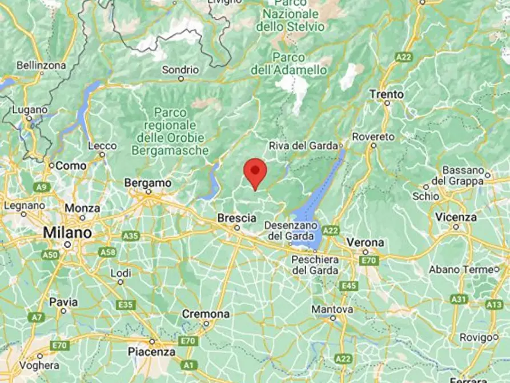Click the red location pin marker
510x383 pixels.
pyautogui.click(x=255, y=172)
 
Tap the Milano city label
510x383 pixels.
pyautogui.click(x=67, y=233)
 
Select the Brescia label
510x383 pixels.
pyautogui.click(x=236, y=218)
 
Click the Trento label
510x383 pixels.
pyautogui.click(x=386, y=94)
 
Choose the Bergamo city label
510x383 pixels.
pyautogui.click(x=148, y=183)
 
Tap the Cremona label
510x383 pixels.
pyautogui.click(x=206, y=314)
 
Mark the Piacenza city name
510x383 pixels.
pyautogui.click(x=151, y=352)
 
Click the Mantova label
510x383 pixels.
pyautogui.click(x=332, y=309)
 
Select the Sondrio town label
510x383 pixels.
pyautogui.click(x=180, y=70)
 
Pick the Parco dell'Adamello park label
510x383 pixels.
pyautogui.click(x=289, y=63)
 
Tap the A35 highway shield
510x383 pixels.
pyautogui.click(x=131, y=236)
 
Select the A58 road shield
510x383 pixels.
pyautogui.click(x=107, y=252)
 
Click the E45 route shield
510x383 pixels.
pyautogui.click(x=348, y=285)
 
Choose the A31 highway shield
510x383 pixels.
pyautogui.click(x=459, y=298)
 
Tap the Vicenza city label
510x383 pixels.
pyautogui.click(x=455, y=217)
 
